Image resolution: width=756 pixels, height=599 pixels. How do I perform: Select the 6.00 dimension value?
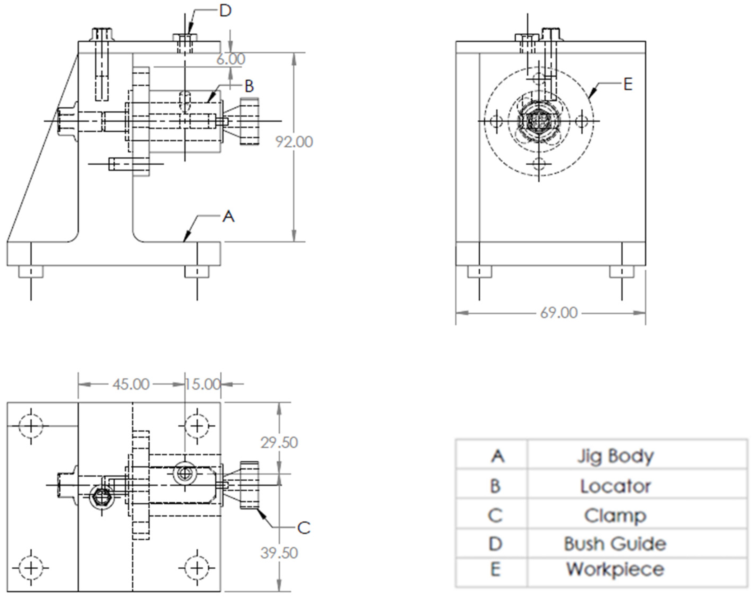click(230, 59)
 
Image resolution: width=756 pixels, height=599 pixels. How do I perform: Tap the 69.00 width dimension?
click(559, 313)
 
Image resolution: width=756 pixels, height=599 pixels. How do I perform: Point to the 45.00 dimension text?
click(131, 385)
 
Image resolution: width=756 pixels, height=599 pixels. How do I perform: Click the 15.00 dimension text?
click(202, 385)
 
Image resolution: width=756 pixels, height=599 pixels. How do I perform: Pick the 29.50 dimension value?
click(279, 443)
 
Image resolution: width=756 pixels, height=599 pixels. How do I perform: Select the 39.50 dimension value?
click(279, 553)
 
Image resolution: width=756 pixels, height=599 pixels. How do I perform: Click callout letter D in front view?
click(225, 11)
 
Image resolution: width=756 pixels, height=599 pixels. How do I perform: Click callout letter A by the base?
click(228, 216)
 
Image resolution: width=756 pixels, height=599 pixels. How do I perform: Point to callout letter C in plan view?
click(304, 528)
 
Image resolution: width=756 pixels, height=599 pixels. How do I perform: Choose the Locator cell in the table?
click(615, 486)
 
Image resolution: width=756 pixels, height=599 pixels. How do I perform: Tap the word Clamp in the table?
click(615, 516)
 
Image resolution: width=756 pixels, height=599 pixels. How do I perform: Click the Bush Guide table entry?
click(615, 544)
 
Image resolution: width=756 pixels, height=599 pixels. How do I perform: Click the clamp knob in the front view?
click(249, 121)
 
